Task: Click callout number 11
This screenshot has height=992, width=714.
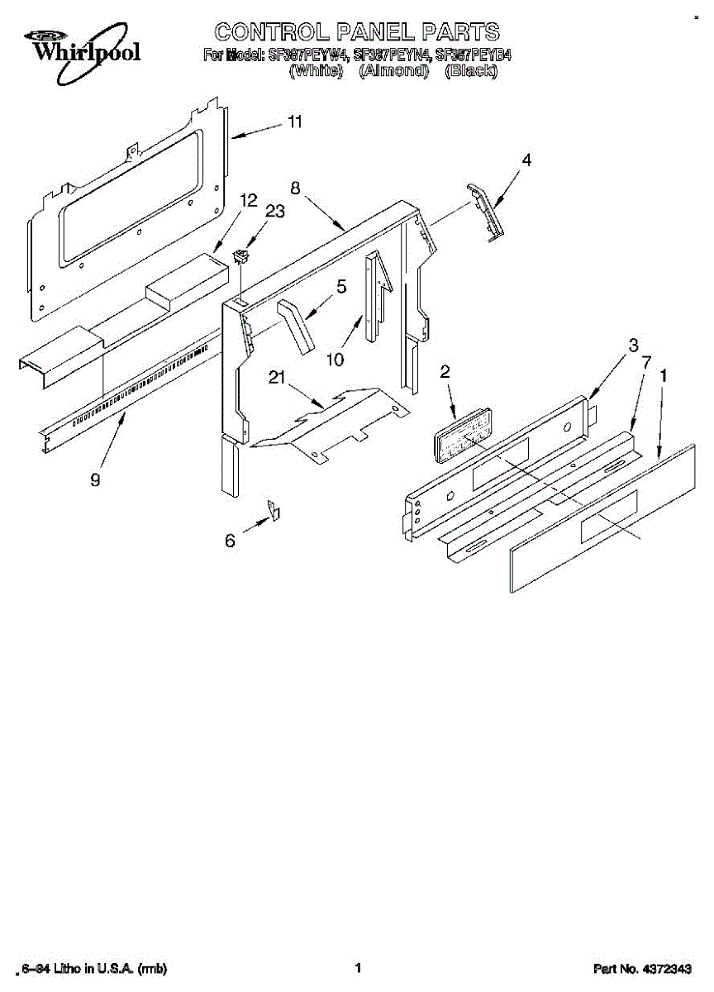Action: coord(294,122)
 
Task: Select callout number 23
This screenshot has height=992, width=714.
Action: coord(274,212)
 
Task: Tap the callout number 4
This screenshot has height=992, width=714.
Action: coord(526,160)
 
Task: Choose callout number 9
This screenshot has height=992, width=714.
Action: coord(95,479)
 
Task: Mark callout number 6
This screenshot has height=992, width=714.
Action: coord(230,541)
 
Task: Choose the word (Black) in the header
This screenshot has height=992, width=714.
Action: coord(470,71)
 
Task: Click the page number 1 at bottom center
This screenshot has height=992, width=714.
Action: coord(358,967)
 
